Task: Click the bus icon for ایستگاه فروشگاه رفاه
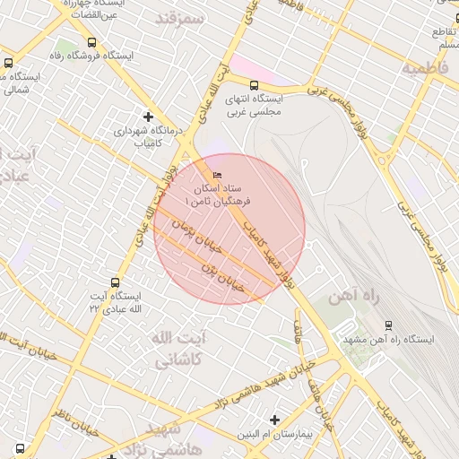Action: coord(92,42)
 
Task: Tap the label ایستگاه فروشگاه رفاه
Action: coord(92,56)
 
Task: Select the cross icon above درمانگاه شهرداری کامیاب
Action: coord(149,117)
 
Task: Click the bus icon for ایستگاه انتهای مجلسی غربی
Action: coord(254,85)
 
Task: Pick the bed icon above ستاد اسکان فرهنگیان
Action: coord(216,176)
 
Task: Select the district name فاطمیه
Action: coord(424,68)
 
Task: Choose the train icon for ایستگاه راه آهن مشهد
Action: coord(388,325)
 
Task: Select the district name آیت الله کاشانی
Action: coord(180,349)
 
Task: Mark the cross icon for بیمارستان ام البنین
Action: coord(274,420)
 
